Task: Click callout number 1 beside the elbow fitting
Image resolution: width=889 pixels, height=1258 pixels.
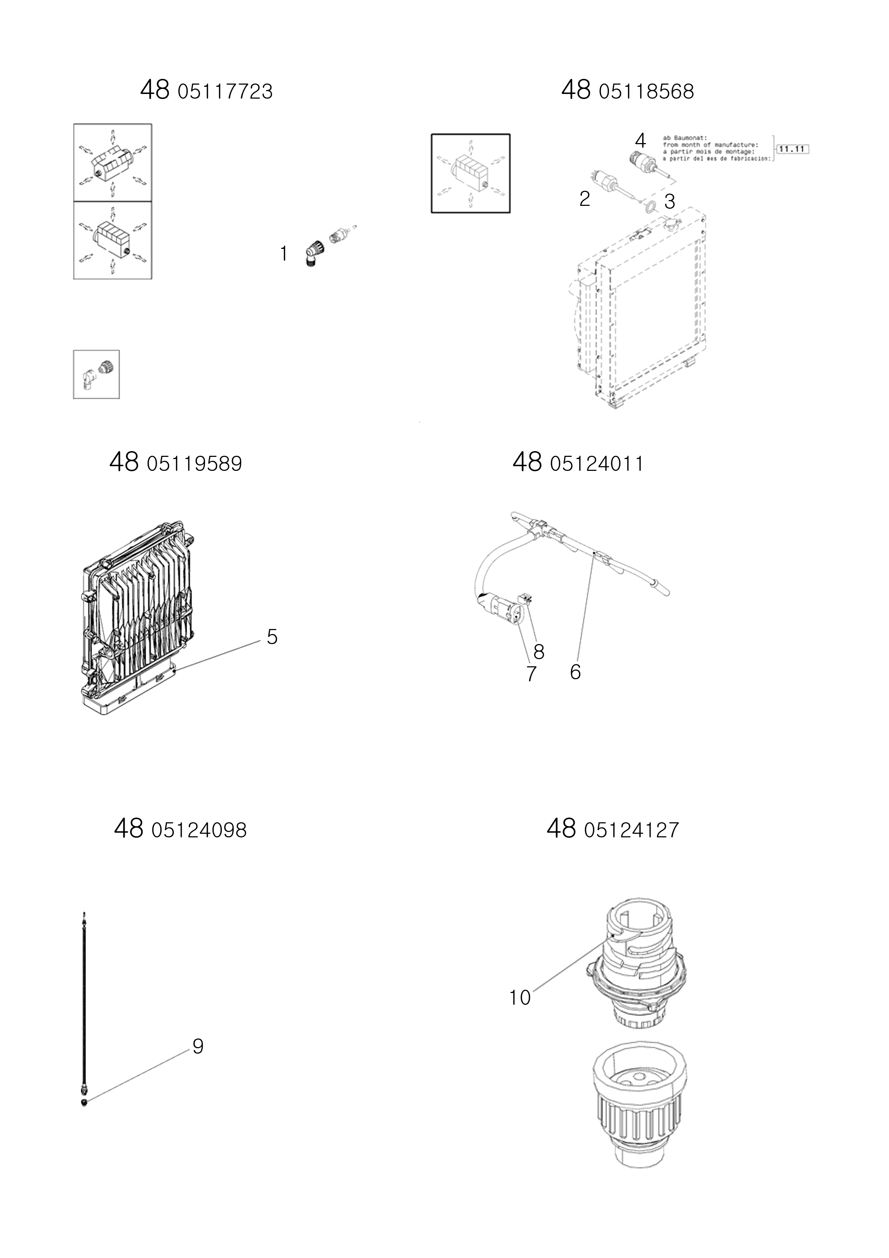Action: (284, 254)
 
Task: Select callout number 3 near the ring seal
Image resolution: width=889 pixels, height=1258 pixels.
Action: (669, 202)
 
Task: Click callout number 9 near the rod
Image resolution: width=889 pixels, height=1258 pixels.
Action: (198, 1046)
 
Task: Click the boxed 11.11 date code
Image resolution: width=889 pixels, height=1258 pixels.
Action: (793, 149)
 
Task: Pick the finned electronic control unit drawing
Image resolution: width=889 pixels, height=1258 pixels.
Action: (137, 619)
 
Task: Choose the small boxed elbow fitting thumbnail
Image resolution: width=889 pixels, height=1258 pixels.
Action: (96, 374)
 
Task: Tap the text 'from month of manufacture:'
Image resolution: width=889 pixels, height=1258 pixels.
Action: (710, 145)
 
